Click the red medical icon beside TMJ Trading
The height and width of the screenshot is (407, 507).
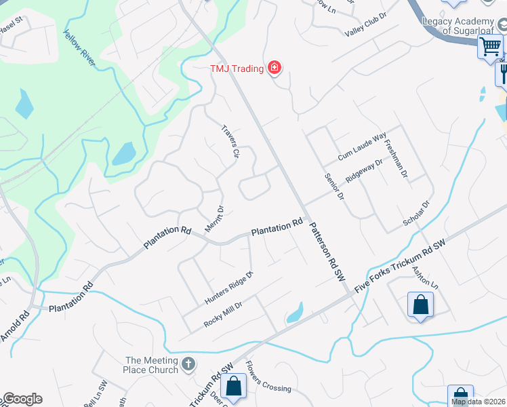[275, 67]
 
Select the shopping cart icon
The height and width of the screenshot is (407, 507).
[490, 47]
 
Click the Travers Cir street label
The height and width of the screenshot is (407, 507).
[232, 142]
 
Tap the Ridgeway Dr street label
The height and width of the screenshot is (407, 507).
[364, 168]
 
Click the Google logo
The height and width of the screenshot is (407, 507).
[22, 399]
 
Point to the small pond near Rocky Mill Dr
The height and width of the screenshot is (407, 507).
[294, 313]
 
